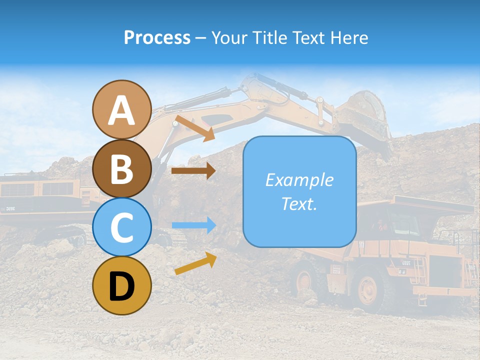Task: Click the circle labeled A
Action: [x=122, y=109]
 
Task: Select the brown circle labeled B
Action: [x=122, y=168]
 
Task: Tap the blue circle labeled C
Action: [x=122, y=227]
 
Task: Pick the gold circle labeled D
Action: [x=122, y=285]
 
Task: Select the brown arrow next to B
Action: [x=193, y=170]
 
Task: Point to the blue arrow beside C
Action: [x=193, y=225]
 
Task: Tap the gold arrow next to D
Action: [x=195, y=263]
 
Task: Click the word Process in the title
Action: [x=157, y=37]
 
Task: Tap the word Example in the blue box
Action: [x=299, y=180]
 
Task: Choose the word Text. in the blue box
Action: [x=299, y=203]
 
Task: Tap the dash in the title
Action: [x=200, y=38]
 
